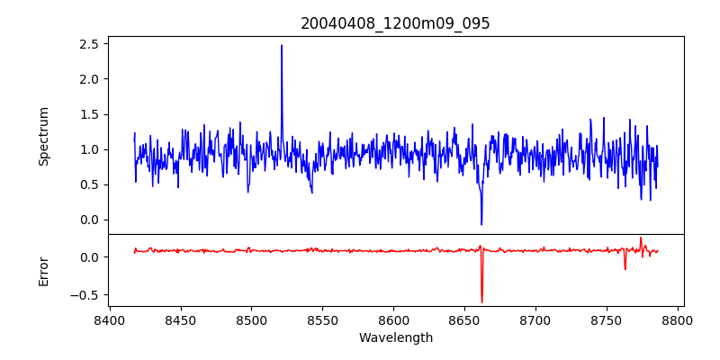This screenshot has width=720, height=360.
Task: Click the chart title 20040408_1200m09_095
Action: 395,23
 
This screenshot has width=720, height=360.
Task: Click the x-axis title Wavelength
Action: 395,338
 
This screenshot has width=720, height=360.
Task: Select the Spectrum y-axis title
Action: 44,136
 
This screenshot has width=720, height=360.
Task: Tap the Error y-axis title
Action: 44,270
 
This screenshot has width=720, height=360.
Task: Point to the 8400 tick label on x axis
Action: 109,319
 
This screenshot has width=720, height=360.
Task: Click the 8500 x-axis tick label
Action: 251,319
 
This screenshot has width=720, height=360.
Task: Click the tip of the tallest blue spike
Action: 282,45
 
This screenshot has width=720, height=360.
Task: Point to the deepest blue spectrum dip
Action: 481,224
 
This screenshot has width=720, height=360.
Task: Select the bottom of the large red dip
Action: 481,302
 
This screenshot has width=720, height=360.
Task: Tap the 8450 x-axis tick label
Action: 180,319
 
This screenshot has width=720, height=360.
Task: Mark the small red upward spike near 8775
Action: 641,238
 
